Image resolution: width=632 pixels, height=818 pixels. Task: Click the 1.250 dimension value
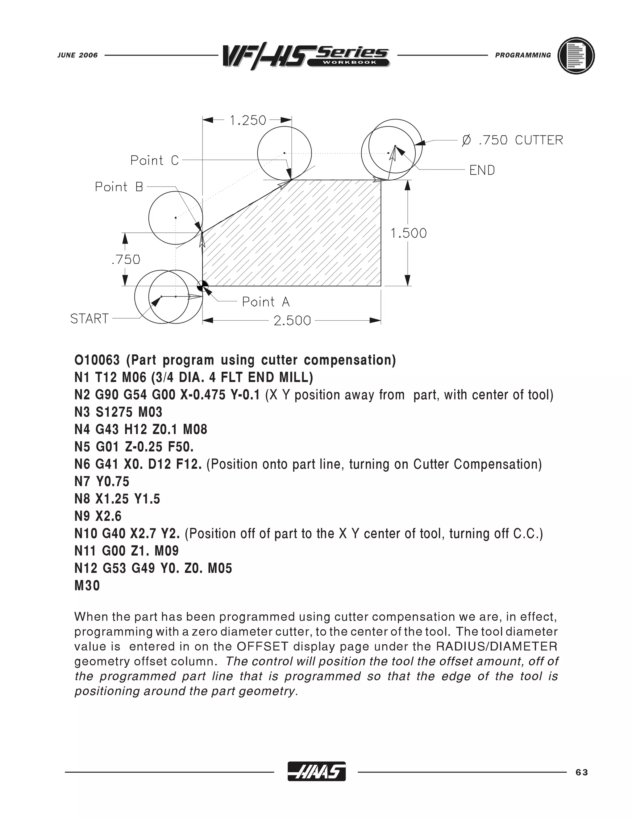pyautogui.click(x=248, y=121)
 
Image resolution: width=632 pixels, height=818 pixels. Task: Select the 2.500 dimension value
pyautogui.click(x=292, y=321)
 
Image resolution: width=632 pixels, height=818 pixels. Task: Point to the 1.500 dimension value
pyautogui.click(x=409, y=233)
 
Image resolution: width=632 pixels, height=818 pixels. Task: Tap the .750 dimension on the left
pyautogui.click(x=126, y=259)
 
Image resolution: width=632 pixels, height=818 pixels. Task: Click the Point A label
pyautogui.click(x=265, y=302)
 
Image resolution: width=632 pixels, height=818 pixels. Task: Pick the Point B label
pyautogui.click(x=119, y=186)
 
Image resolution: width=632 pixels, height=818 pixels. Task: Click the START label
pyautogui.click(x=89, y=319)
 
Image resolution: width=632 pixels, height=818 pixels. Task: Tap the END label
pyautogui.click(x=482, y=170)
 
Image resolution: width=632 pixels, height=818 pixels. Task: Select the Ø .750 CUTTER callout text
pyautogui.click(x=512, y=140)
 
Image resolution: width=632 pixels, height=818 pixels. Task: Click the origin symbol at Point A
pyautogui.click(x=202, y=286)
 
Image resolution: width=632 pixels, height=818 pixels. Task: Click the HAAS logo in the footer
pyautogui.click(x=316, y=772)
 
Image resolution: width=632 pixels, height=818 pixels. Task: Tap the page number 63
pyautogui.click(x=582, y=772)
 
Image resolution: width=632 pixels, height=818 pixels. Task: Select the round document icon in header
pyautogui.click(x=576, y=56)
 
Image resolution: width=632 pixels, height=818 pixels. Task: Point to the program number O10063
pyautogui.click(x=97, y=360)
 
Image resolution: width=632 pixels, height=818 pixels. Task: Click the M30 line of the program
pyautogui.click(x=87, y=585)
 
